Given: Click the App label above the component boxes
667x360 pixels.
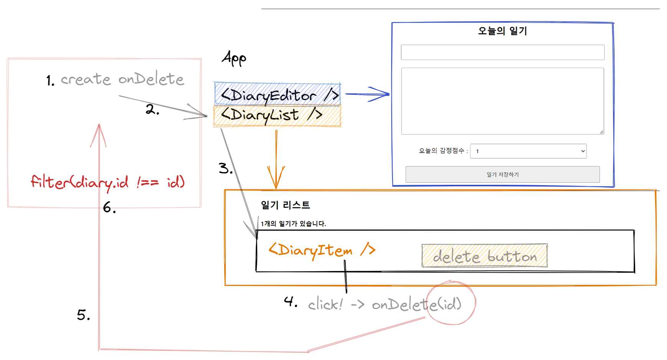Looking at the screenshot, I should point(234,58).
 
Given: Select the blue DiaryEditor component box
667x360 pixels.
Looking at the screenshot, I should point(277,94).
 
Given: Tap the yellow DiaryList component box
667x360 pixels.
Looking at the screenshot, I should point(277,116).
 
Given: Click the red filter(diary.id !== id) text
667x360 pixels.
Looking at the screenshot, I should point(108,182).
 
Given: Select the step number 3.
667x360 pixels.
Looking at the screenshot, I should point(225,168).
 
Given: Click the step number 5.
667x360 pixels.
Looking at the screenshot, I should point(83,315).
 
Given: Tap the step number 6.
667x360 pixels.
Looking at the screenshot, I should point(109,208).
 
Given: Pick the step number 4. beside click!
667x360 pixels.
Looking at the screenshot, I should point(291,301).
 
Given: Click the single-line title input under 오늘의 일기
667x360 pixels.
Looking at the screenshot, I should point(502,52).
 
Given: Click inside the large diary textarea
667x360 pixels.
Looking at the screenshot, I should point(502,101).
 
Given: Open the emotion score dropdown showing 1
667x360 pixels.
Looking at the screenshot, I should point(528,151).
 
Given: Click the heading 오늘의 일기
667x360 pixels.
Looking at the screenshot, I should point(502,31).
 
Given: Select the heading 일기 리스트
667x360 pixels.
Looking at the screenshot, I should point(285,205).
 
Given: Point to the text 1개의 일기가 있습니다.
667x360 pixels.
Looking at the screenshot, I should point(293,224).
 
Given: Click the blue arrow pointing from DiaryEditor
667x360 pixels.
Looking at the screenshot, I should point(367,94).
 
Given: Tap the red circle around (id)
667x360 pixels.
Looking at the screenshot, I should point(451,303).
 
